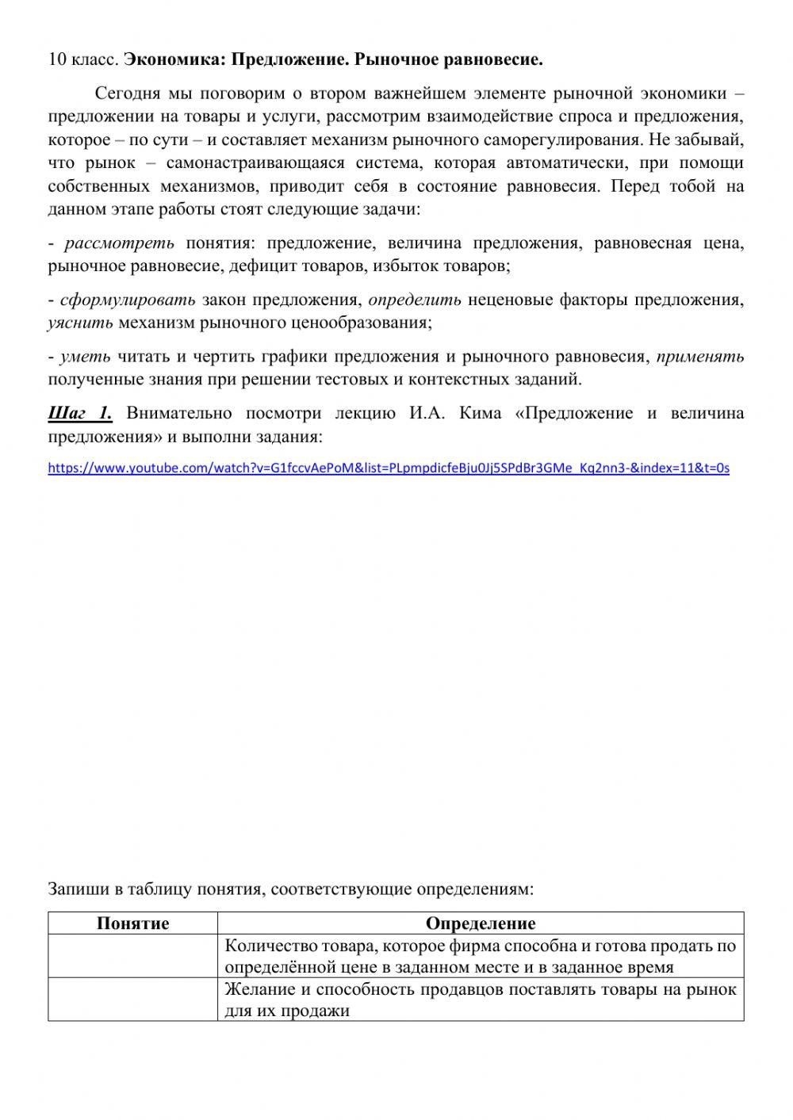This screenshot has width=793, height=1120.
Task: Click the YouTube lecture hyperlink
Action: (x=389, y=468)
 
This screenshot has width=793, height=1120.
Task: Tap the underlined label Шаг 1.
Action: (x=80, y=413)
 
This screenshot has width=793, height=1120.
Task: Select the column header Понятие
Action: (x=132, y=923)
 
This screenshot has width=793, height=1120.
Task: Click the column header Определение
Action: (x=481, y=923)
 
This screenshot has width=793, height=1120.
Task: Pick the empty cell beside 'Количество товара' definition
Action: (x=132, y=956)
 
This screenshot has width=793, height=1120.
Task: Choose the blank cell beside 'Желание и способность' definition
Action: (x=132, y=1000)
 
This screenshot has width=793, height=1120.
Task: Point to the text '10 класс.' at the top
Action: (x=83, y=59)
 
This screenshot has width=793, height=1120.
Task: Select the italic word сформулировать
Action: (x=128, y=300)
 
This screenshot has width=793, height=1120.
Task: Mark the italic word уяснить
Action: (x=80, y=323)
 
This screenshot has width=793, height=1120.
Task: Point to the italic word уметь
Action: (x=85, y=357)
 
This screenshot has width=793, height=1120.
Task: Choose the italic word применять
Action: (x=700, y=357)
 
